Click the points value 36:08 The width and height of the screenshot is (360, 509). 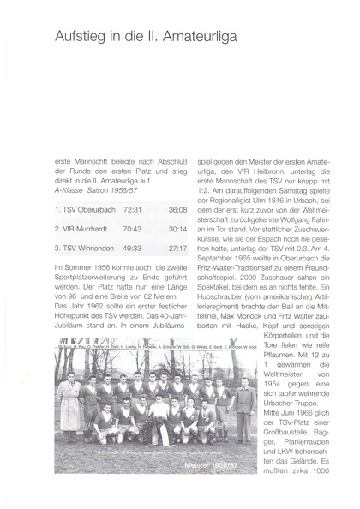coord(177,209)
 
